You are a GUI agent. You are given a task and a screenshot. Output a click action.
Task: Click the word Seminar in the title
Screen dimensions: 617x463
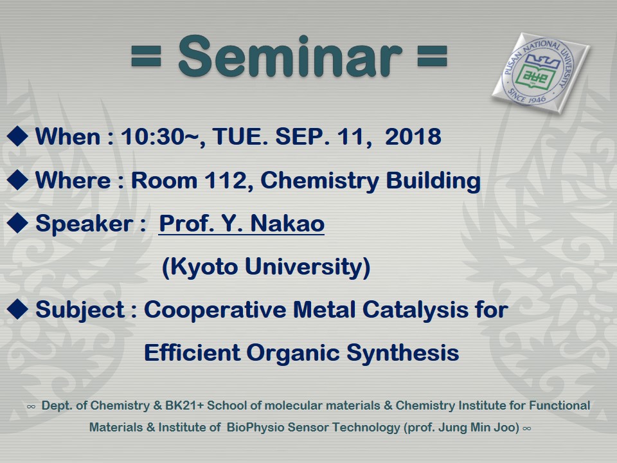[x=291, y=56]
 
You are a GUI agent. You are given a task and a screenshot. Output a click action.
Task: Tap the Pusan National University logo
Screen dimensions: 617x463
[x=541, y=73]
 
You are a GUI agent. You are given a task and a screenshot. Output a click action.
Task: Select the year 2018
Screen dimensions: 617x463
[x=413, y=136]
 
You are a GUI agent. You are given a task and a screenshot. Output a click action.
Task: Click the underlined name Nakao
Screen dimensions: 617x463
[x=287, y=223]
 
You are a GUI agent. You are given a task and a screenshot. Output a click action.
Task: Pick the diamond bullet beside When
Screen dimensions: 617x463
[x=17, y=136]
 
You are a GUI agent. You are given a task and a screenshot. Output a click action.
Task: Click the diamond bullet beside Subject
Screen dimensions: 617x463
[x=17, y=309]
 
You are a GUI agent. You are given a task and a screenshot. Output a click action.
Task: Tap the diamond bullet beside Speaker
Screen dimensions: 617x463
[x=17, y=223]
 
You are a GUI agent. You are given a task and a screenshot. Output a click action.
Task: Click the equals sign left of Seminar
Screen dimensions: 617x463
[x=146, y=56]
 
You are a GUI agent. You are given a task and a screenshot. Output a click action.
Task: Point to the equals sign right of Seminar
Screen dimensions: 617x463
[x=432, y=56]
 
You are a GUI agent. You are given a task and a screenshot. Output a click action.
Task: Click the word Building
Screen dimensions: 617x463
[x=433, y=181]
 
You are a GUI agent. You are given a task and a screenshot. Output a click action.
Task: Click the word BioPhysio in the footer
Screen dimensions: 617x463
[x=255, y=428]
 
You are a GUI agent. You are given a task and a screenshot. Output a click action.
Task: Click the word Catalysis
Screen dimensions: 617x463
[x=416, y=310]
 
